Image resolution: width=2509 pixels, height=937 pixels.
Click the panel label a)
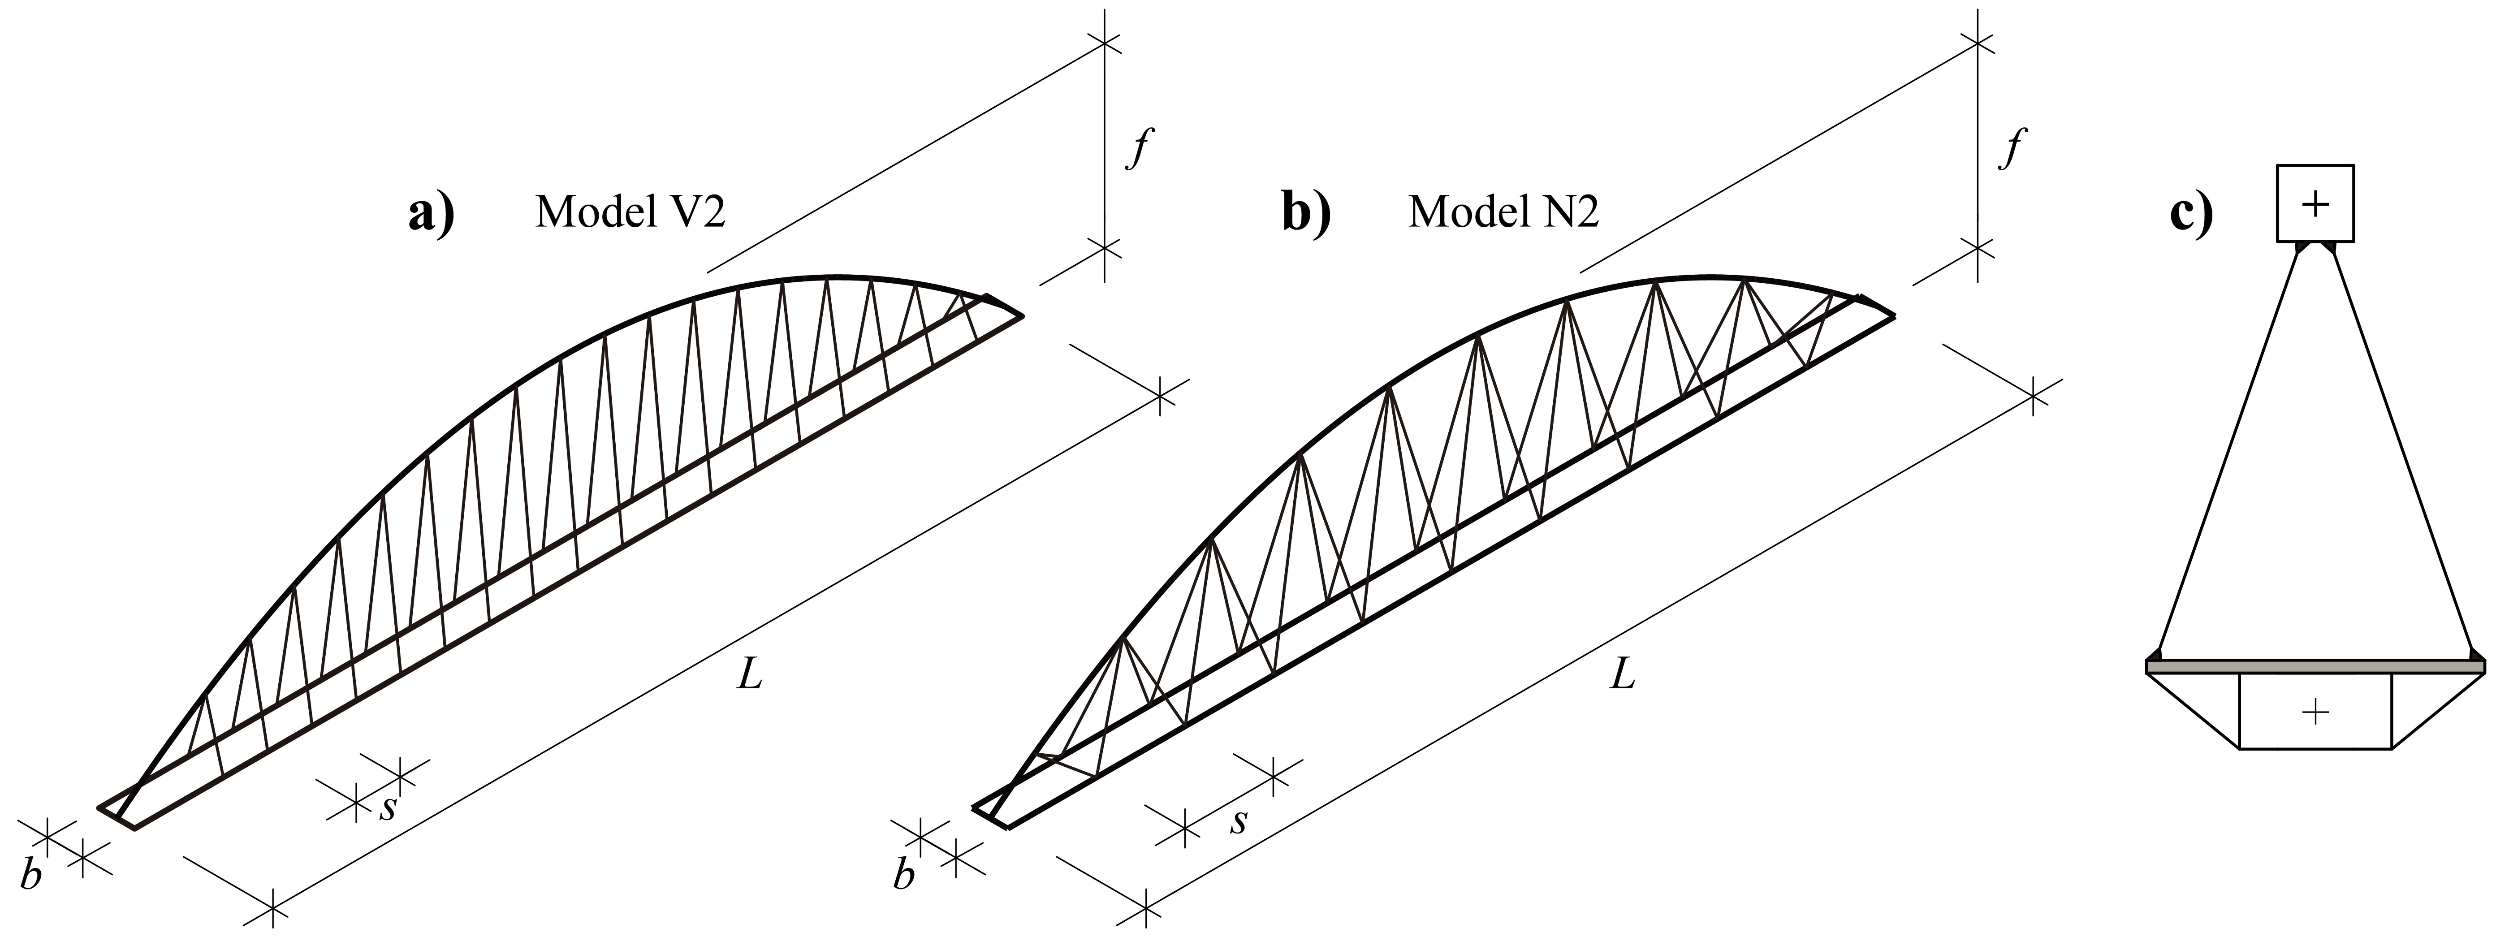(x=431, y=214)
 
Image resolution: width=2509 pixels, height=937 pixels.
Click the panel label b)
(x=1304, y=214)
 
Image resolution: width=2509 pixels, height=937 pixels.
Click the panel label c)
(x=2191, y=214)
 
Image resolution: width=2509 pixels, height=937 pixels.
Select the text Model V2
(x=630, y=212)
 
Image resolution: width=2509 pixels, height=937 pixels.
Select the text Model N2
(x=1503, y=212)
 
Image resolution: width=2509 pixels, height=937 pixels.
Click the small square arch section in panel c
(x=2314, y=203)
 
